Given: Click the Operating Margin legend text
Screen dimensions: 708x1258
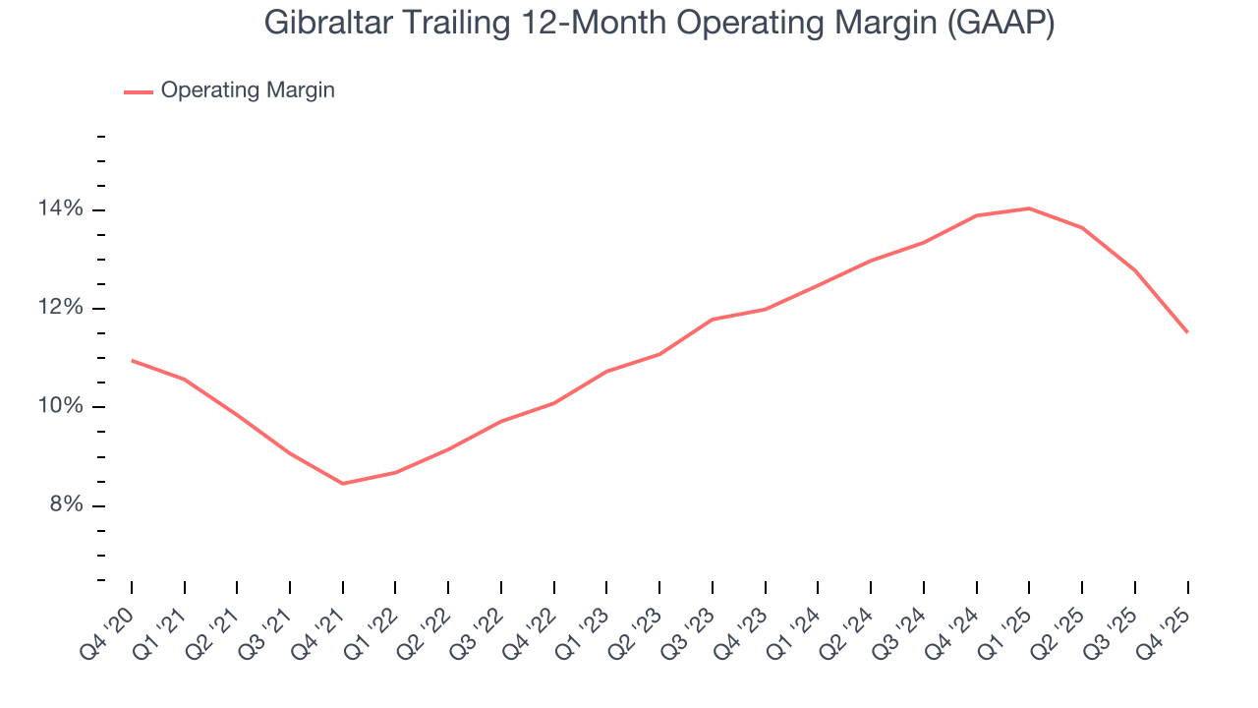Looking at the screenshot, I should pyautogui.click(x=248, y=90).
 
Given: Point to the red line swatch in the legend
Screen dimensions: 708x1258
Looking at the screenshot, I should pyautogui.click(x=138, y=91).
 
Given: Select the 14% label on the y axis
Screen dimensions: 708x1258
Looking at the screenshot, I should pyautogui.click(x=62, y=209).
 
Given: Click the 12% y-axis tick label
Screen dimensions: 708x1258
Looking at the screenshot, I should pyautogui.click(x=62, y=308).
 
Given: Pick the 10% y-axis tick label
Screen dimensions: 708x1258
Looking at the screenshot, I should pyautogui.click(x=62, y=407).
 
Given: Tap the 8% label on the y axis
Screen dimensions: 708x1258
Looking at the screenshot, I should pyautogui.click(x=65, y=505).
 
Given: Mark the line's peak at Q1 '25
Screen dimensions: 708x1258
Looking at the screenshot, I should pyautogui.click(x=1029, y=207).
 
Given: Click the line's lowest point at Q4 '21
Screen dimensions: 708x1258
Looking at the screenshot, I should pyautogui.click(x=342, y=483).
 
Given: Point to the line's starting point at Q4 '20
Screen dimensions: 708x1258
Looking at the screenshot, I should pyautogui.click(x=132, y=360).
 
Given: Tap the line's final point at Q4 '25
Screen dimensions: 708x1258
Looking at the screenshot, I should pyautogui.click(x=1187, y=332).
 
